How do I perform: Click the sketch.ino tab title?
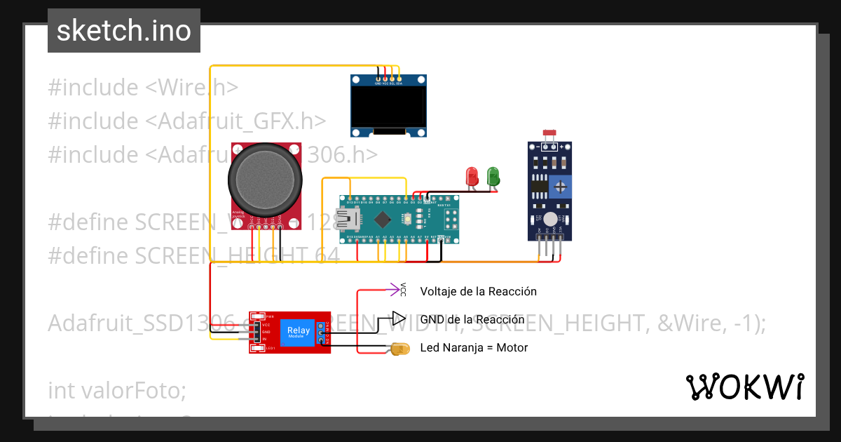tap(123, 31)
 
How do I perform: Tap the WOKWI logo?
tap(744, 387)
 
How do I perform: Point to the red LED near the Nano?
tap(472, 175)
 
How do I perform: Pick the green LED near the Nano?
tap(493, 175)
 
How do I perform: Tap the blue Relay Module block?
tap(298, 331)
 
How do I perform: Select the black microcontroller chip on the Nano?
tap(382, 220)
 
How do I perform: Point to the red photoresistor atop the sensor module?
tap(550, 133)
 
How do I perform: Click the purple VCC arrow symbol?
tap(395, 288)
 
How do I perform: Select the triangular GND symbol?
tap(398, 319)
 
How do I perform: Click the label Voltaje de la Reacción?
tap(478, 291)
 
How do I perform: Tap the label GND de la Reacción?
tap(472, 319)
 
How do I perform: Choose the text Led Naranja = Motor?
tap(474, 347)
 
